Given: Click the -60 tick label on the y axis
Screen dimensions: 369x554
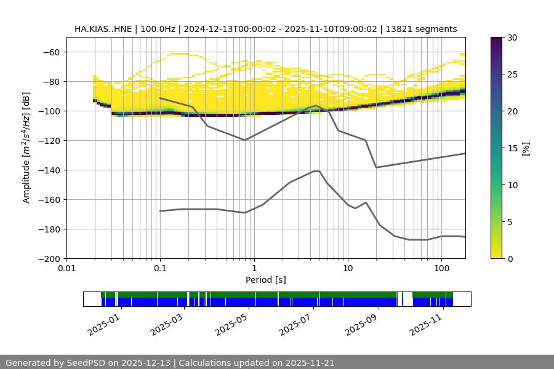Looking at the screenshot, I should coord(50,52).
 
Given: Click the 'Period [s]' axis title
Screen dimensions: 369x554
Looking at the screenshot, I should coord(266,280).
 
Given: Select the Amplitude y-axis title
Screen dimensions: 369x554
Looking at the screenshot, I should coord(26,148).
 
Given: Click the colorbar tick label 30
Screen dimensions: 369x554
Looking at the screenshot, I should coord(512,38).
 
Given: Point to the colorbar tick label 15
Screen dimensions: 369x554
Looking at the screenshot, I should coord(512,148).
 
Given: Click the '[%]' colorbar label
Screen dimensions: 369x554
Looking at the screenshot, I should coord(525,148).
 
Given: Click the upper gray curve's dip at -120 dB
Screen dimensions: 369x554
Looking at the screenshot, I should coord(245,140).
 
